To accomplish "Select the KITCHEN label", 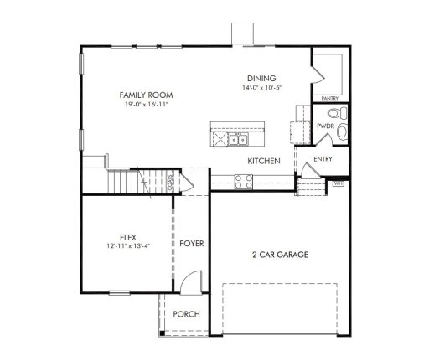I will click(262, 159).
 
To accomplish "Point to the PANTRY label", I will click(328, 99).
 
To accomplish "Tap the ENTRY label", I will click(322, 159).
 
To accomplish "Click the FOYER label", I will click(191, 243).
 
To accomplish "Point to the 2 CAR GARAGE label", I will click(280, 253).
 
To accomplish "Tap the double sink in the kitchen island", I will click(237, 139).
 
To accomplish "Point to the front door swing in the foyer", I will click(192, 282).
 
